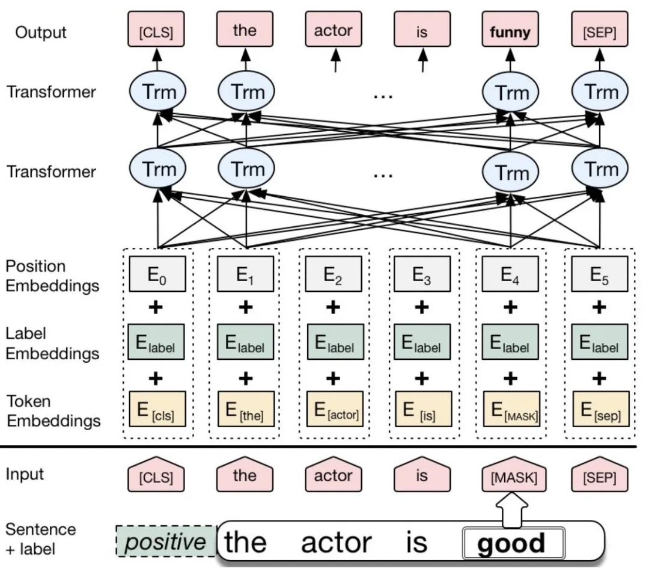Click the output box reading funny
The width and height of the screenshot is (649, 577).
coord(510,32)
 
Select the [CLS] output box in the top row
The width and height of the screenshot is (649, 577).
coord(156,32)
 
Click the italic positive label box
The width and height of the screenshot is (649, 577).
coord(165,542)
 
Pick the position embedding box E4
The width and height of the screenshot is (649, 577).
coord(510,274)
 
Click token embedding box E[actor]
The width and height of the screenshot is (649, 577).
coord(335,409)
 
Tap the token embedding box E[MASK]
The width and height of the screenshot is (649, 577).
coord(510,409)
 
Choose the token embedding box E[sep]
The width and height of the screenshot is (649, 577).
coord(600,409)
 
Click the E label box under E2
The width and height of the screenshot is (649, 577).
coord(335,342)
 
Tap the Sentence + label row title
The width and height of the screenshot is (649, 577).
coord(41,538)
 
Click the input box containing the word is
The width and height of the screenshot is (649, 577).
coord(422,476)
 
